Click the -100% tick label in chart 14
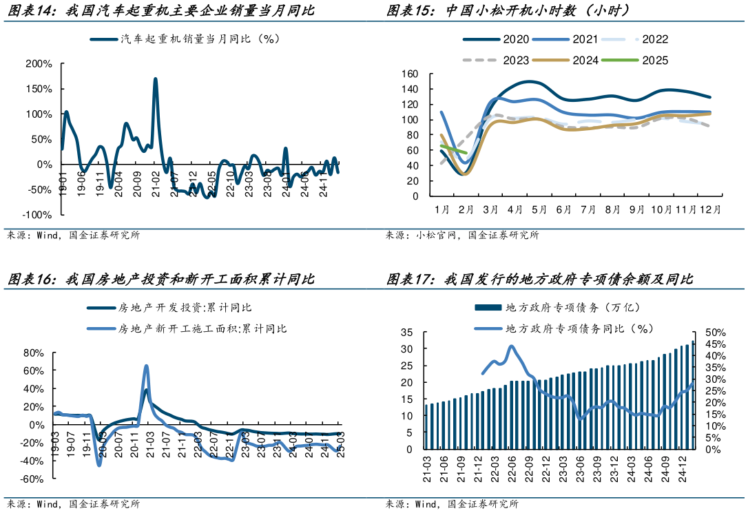37,215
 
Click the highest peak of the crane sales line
155,79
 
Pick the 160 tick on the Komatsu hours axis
409,74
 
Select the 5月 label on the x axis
539,209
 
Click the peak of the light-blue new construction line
146,366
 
